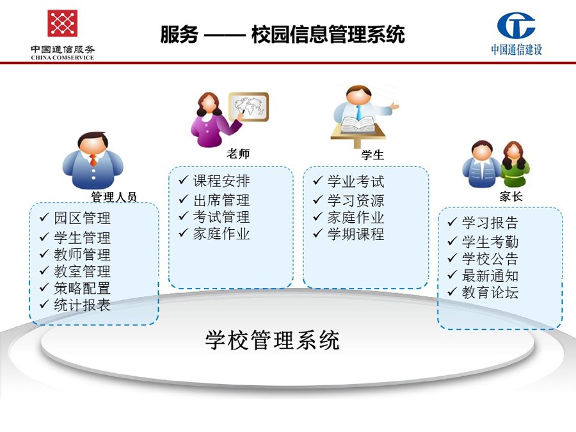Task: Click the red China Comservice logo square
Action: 63,23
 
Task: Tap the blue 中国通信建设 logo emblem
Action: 516,25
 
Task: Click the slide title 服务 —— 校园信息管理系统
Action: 282,35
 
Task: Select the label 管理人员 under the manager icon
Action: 114,196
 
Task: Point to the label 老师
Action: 238,153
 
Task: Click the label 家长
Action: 511,196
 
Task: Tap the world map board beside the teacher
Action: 249,106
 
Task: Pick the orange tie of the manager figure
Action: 93,160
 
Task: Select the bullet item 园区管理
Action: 82,218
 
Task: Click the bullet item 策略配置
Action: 82,288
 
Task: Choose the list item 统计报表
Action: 82,305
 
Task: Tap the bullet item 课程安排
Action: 221,180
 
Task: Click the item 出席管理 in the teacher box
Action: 221,200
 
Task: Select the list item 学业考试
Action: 356,182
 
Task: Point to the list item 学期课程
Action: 356,234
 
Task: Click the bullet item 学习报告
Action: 490,223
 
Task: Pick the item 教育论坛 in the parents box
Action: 490,292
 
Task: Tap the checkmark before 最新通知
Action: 452,275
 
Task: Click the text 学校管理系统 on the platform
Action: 272,340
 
